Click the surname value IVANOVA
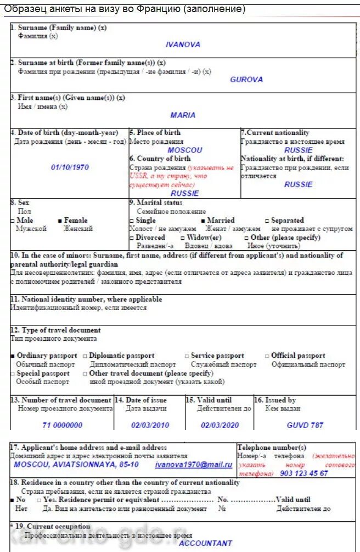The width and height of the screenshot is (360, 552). (x=183, y=44)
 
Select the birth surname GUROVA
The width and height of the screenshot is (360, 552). (x=246, y=80)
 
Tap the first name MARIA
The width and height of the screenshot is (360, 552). (x=183, y=115)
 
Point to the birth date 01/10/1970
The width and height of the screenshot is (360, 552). (x=70, y=167)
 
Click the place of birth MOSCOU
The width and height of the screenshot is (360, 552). (x=184, y=150)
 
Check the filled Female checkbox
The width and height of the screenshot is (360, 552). (x=60, y=220)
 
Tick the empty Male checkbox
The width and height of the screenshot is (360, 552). (x=13, y=220)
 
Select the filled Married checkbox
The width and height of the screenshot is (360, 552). (x=203, y=220)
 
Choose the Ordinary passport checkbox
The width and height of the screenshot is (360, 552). (x=13, y=356)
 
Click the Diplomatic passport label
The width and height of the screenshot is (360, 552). (x=121, y=356)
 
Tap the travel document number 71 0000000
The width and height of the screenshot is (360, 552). (x=62, y=425)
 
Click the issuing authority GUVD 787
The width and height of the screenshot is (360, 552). (x=305, y=425)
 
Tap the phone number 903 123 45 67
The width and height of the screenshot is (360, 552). (x=303, y=473)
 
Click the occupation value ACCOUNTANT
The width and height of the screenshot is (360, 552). (x=205, y=543)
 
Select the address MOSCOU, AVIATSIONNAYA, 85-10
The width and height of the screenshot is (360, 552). (x=76, y=465)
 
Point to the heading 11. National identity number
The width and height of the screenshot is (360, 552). (x=86, y=299)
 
